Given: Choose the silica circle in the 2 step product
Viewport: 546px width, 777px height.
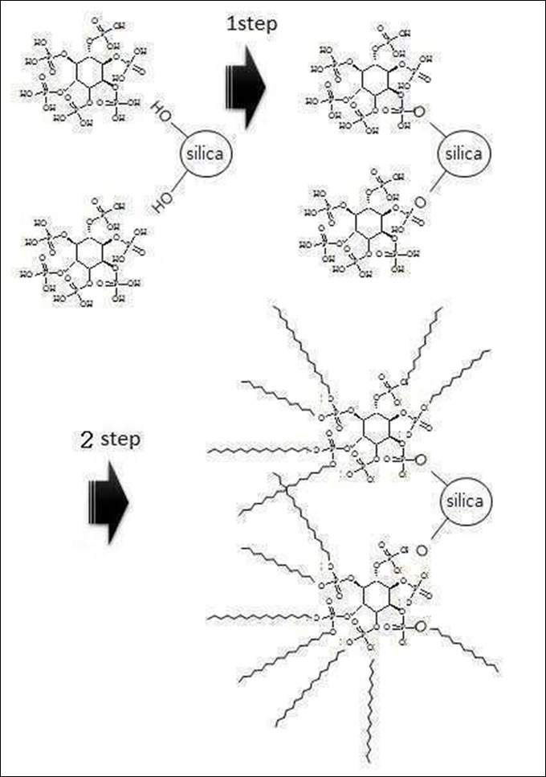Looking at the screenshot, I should [465, 501].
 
